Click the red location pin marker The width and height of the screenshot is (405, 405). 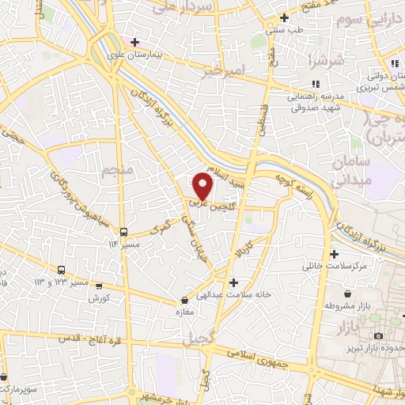[x=204, y=187]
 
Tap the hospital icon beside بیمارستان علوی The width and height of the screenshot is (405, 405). [x=135, y=42]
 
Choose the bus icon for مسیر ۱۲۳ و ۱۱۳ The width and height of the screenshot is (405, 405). [x=62, y=271]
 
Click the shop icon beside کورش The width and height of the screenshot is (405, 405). [x=98, y=286]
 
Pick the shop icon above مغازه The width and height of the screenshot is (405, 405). [x=184, y=300]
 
